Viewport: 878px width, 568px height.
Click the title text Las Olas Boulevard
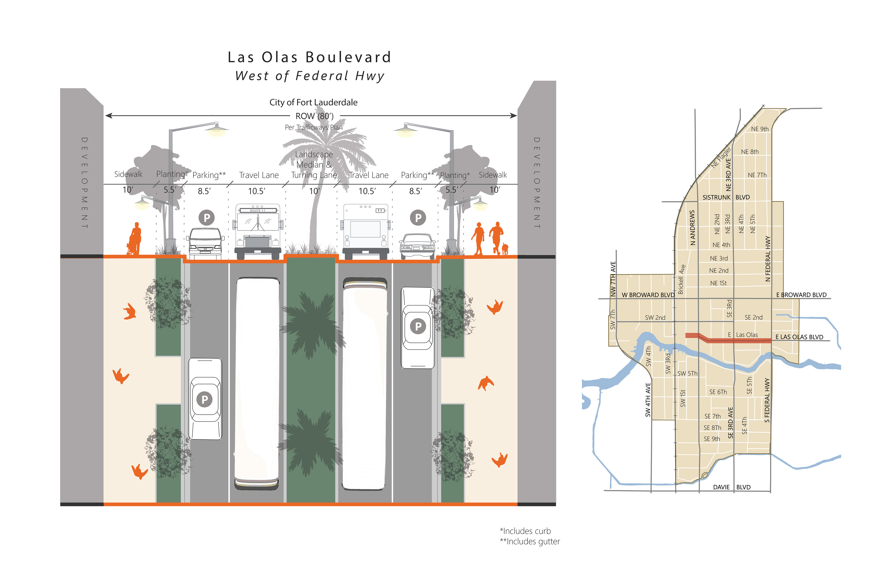[309, 57]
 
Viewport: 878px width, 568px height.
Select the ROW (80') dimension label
[314, 116]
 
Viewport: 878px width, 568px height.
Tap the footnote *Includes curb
[525, 531]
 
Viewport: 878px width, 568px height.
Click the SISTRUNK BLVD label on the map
[726, 197]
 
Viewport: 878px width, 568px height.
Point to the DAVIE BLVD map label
[731, 487]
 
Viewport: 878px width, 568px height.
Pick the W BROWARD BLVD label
[648, 295]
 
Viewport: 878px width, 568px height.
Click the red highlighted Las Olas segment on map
[734, 340]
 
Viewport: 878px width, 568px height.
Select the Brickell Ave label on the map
[681, 279]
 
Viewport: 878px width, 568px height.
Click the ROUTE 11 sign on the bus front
[257, 211]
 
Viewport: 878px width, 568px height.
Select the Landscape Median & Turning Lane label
[314, 165]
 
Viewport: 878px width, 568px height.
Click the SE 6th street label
[718, 392]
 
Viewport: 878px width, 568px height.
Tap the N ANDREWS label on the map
[692, 228]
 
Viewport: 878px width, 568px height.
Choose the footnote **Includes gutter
[530, 541]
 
